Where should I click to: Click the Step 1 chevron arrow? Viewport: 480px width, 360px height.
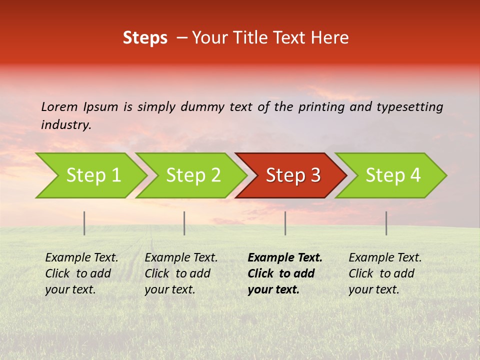point(92,175)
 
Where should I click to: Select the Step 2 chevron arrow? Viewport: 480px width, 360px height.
point(192,175)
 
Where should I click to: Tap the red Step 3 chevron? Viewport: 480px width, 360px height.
point(292,175)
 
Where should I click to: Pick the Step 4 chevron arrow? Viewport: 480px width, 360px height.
point(392,175)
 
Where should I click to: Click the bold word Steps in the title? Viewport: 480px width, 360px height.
point(145,38)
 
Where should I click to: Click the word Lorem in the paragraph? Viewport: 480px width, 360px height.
point(59,106)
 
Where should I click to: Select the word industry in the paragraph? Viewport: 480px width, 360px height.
point(66,125)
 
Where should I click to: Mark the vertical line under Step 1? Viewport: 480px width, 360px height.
point(84,223)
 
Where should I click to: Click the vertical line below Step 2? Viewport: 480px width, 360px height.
point(184,223)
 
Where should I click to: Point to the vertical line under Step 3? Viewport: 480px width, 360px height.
point(285,223)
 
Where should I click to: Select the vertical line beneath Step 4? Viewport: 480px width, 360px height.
point(386,223)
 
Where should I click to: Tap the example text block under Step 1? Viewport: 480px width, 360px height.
point(81,273)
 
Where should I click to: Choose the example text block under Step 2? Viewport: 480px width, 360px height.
point(181,273)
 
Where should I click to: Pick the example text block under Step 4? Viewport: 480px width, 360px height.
point(385,273)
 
